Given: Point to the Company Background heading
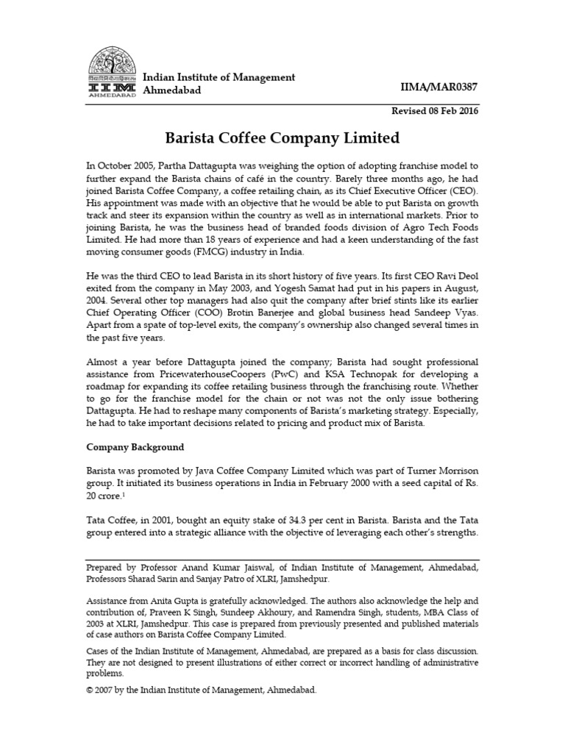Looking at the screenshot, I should pyautogui.click(x=135, y=447).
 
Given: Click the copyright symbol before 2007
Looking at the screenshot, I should pyautogui.click(x=90, y=691).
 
